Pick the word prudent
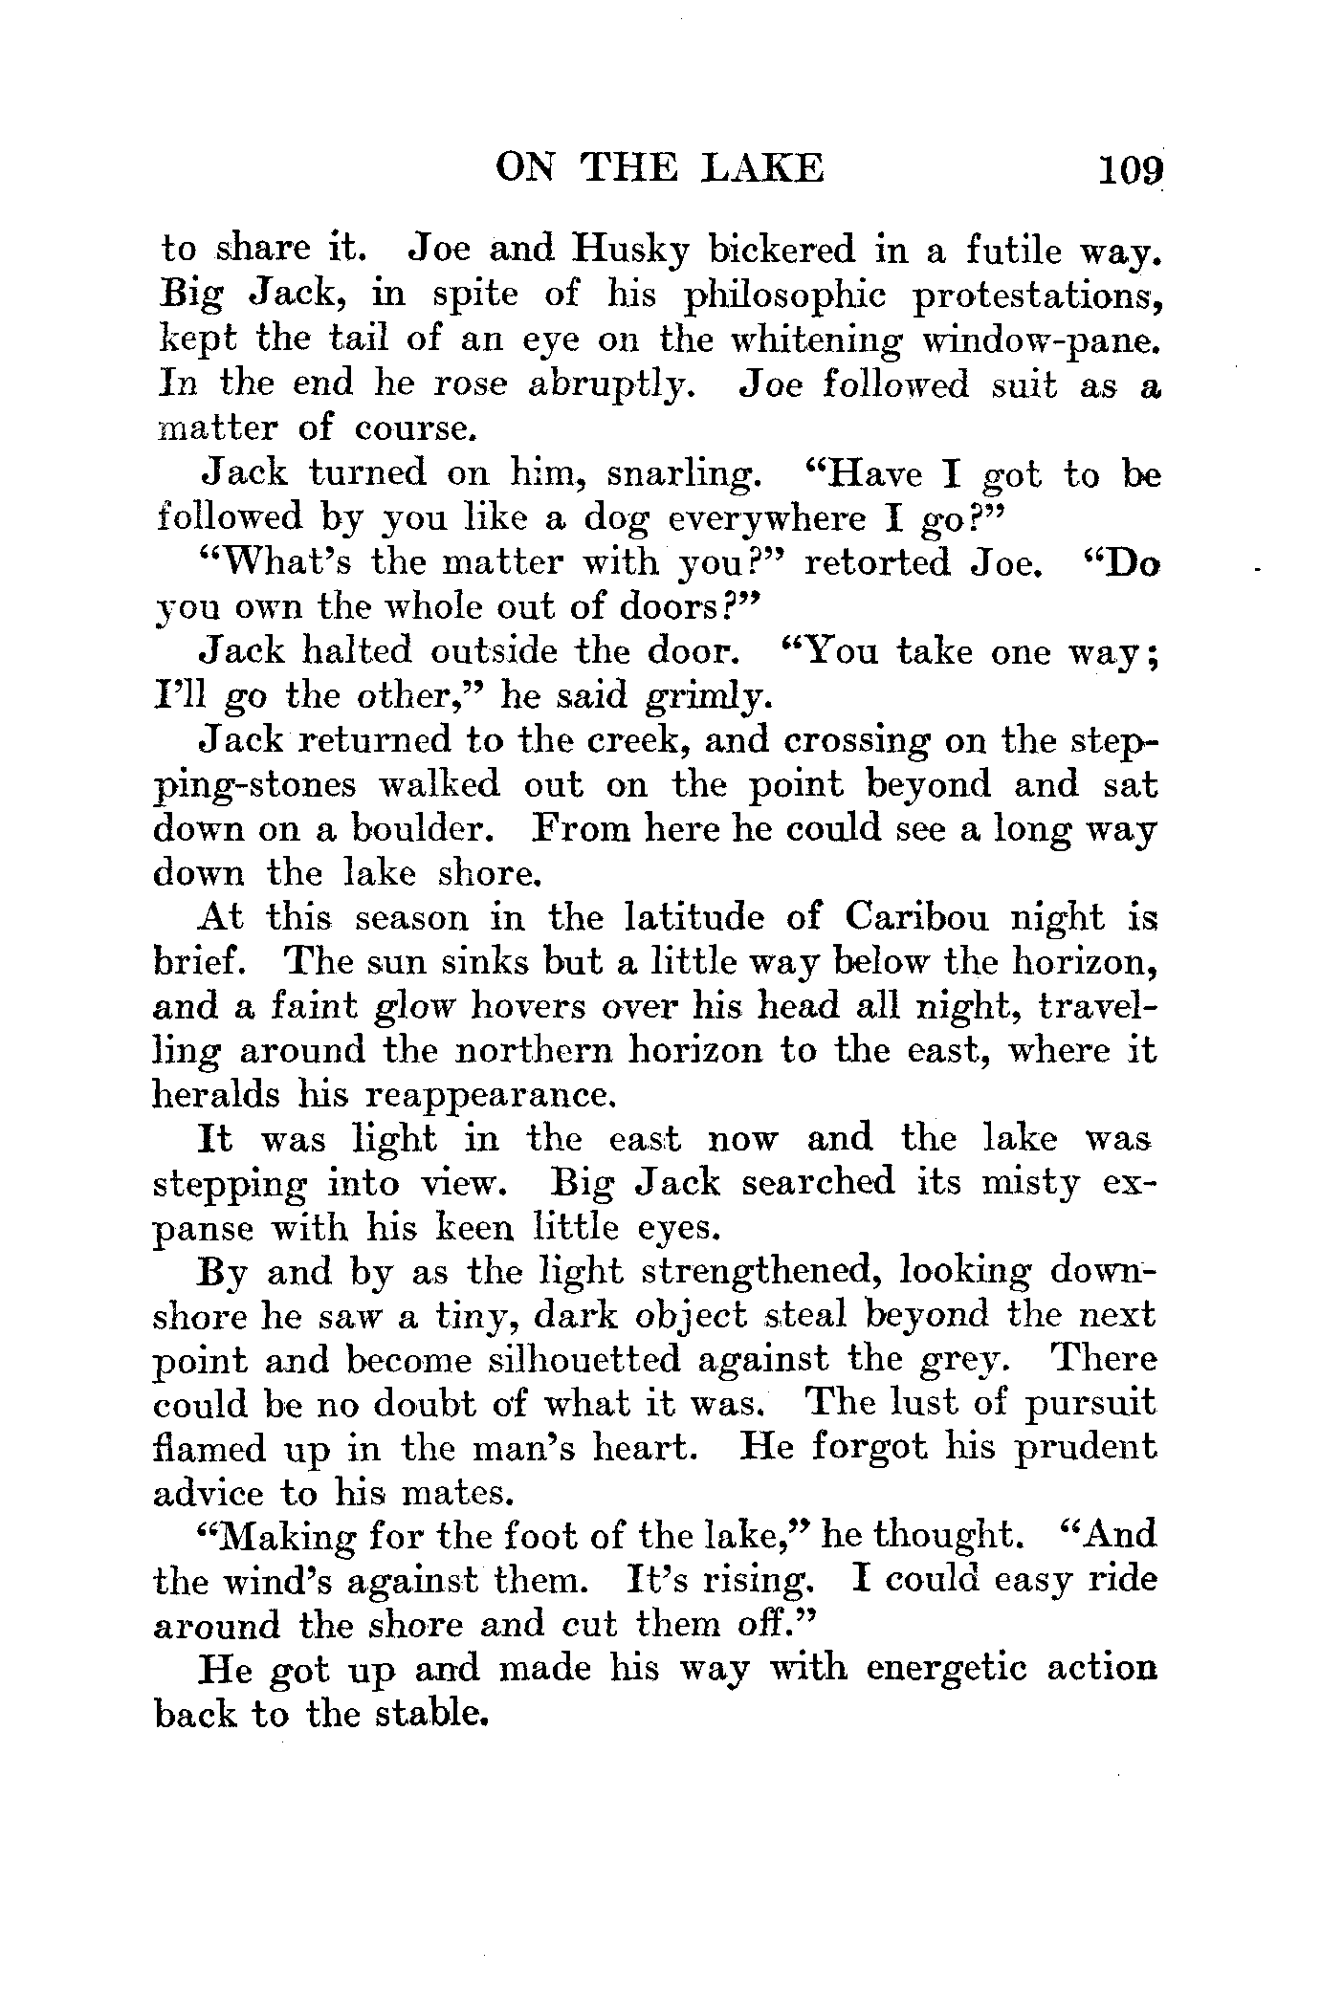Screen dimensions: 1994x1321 [x=1085, y=1450]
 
